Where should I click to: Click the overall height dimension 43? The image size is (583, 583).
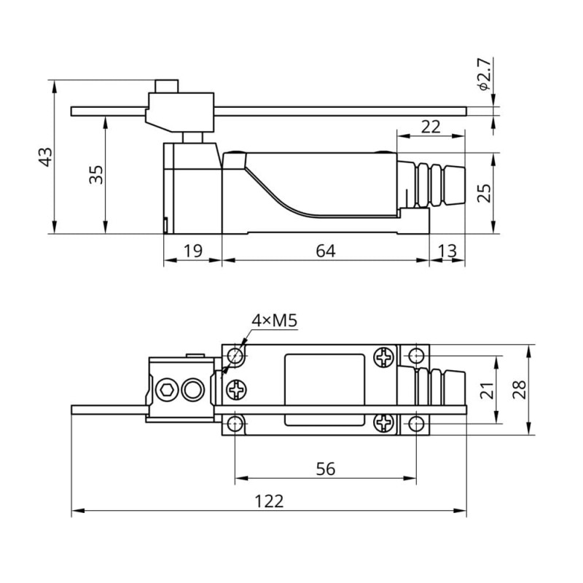(x=45, y=157)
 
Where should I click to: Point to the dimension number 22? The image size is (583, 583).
(x=431, y=126)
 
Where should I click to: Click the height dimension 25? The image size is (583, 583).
(x=484, y=192)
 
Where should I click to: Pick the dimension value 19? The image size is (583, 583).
(x=192, y=251)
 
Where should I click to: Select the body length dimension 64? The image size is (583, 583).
(x=325, y=251)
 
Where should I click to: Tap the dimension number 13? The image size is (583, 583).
(x=447, y=251)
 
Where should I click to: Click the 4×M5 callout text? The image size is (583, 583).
(x=275, y=321)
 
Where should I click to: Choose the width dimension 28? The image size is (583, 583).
(x=518, y=390)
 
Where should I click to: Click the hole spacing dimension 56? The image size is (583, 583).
(x=326, y=469)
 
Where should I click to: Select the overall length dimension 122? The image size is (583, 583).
(x=268, y=502)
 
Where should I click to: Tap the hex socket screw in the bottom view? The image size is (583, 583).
(x=167, y=391)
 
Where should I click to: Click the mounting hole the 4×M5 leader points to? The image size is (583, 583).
(x=235, y=356)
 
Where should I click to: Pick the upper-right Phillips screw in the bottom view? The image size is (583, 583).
(x=384, y=357)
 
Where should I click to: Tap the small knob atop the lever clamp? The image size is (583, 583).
(x=167, y=85)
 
